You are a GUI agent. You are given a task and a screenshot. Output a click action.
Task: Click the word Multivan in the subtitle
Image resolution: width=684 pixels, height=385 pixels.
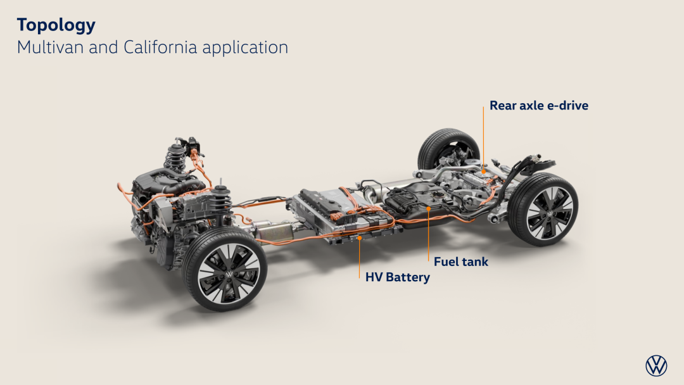(x=50, y=47)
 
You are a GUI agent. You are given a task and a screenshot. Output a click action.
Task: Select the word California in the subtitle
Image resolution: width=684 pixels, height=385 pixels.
(x=160, y=47)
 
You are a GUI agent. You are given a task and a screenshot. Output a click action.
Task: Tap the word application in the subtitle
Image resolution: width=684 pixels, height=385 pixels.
(x=245, y=48)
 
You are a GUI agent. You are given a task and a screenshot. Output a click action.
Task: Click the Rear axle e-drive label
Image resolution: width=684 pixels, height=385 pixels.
(x=539, y=106)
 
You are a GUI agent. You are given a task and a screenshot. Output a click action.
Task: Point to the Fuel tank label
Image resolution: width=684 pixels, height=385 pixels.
(x=461, y=262)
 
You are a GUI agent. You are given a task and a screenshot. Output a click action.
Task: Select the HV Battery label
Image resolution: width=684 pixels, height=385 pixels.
(x=397, y=277)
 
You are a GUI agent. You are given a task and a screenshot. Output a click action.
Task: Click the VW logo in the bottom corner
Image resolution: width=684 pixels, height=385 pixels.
(x=656, y=365)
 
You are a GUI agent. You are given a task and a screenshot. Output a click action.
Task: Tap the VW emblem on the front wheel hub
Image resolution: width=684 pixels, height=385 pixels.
(x=229, y=275)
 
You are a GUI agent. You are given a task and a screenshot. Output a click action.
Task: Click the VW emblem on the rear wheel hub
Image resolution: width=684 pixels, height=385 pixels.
(x=550, y=213)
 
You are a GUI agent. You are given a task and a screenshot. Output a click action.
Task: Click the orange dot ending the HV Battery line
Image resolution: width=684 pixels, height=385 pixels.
(x=360, y=238)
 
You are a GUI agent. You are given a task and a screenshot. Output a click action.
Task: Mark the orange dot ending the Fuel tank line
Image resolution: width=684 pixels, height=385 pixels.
(x=428, y=209)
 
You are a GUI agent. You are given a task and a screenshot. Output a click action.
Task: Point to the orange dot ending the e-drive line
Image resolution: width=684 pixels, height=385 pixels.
(x=483, y=172)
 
